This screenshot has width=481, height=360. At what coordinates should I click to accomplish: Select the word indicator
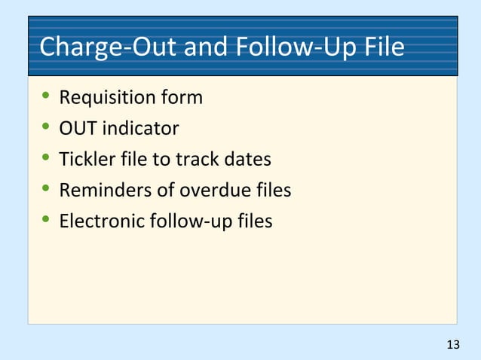pyautogui.click(x=140, y=129)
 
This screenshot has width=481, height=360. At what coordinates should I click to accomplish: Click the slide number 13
pyautogui.click(x=452, y=345)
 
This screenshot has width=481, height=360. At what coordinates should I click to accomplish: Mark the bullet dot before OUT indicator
pyautogui.click(x=46, y=129)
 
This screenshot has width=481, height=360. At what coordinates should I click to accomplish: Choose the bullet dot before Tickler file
pyautogui.click(x=46, y=160)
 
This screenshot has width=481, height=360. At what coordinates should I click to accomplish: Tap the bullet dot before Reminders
pyautogui.click(x=46, y=191)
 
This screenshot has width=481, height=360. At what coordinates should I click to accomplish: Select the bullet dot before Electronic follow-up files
pyautogui.click(x=46, y=221)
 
